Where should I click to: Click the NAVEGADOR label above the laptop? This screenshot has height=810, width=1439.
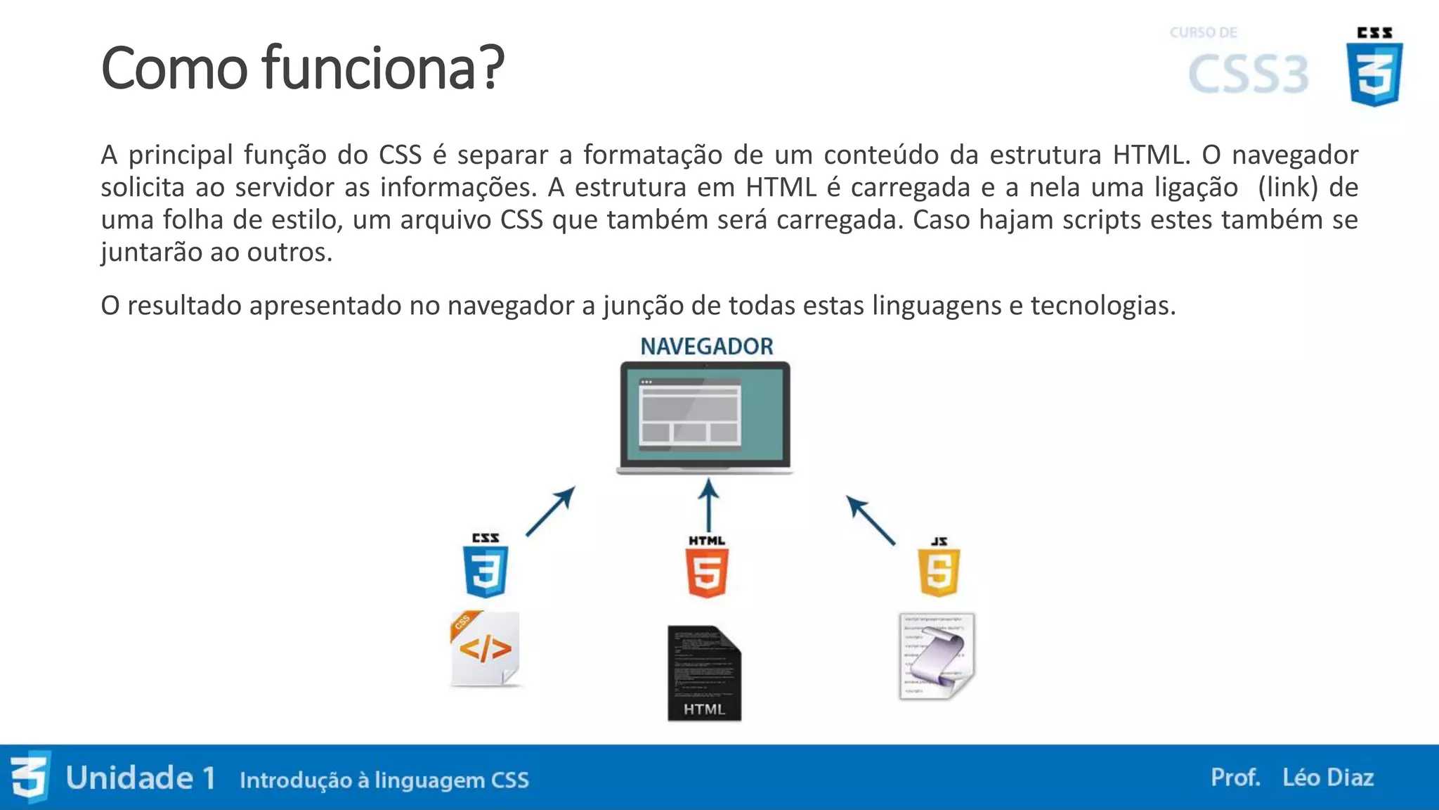click(706, 346)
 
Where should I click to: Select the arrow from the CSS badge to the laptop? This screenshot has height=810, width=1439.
click(551, 511)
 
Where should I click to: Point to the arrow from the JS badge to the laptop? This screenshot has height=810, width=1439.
click(871, 520)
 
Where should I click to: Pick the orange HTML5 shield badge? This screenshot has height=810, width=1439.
click(707, 572)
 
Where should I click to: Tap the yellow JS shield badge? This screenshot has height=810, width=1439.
click(939, 572)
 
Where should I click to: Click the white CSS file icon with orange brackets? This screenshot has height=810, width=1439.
click(485, 648)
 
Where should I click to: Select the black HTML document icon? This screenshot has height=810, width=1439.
click(704, 673)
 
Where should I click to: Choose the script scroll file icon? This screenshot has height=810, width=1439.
click(937, 656)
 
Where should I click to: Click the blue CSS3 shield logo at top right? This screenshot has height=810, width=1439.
click(1374, 73)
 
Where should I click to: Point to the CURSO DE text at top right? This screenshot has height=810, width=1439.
click(1203, 32)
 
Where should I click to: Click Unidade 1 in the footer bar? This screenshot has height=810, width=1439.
click(141, 778)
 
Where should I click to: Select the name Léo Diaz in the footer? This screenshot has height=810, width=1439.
click(1327, 778)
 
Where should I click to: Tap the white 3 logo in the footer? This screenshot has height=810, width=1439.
click(30, 777)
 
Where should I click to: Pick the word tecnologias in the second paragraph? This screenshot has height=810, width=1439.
click(1102, 305)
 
